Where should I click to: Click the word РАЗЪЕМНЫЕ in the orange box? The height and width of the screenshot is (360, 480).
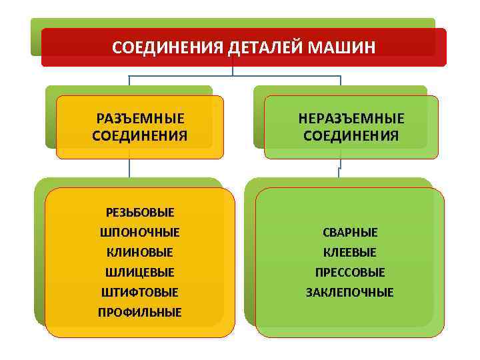[140, 119]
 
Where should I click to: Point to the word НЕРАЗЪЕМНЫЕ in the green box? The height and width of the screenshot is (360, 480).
[351, 119]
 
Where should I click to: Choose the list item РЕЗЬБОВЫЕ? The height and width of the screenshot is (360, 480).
[140, 213]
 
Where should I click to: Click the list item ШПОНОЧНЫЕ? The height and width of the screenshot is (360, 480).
[140, 233]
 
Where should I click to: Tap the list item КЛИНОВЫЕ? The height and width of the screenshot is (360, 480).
[140, 253]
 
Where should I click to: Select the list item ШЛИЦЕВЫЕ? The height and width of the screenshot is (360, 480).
[140, 273]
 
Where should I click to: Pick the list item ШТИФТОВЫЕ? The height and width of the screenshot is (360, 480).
[140, 292]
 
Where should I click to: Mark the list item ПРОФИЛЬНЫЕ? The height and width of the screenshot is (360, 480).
[140, 312]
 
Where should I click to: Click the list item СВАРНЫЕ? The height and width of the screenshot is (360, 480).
[350, 233]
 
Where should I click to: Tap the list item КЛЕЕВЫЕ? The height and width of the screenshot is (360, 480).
[350, 253]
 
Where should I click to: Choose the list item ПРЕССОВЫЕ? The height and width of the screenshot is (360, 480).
[350, 273]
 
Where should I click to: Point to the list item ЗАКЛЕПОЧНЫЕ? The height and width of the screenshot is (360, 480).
[350, 292]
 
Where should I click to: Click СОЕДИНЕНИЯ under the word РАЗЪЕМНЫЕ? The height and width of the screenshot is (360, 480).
[140, 136]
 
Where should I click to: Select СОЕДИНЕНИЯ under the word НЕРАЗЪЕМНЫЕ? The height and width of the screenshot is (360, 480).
[351, 136]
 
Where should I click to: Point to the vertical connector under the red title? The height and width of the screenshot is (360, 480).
[233, 71]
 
